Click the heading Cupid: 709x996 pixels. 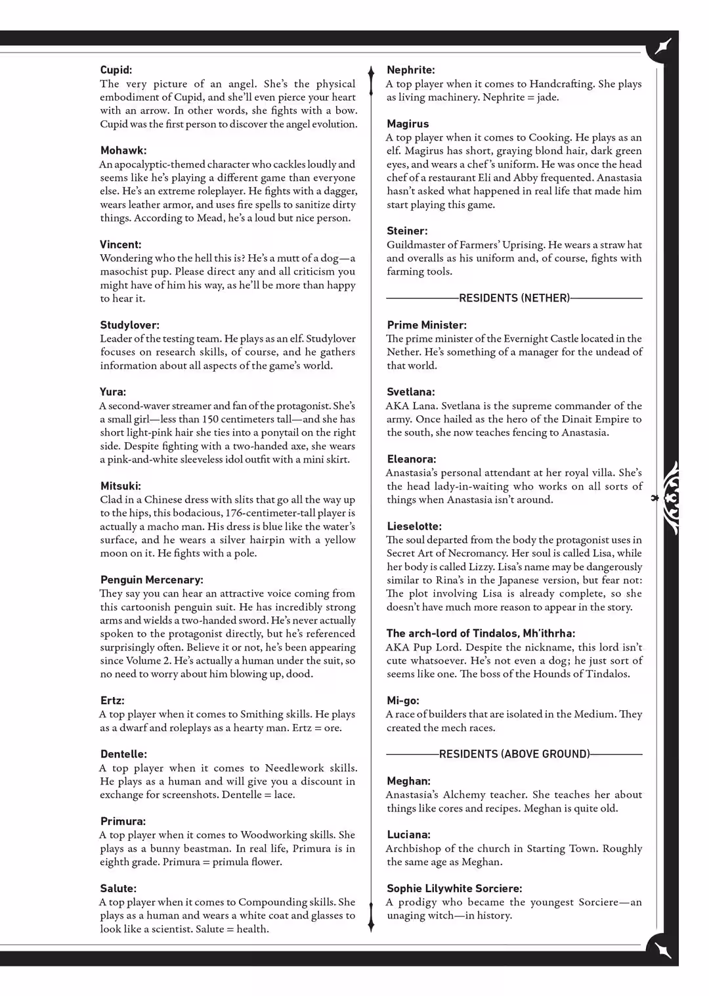(116, 70)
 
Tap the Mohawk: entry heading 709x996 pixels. (123, 150)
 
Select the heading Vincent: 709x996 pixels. (120, 244)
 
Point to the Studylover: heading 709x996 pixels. (129, 325)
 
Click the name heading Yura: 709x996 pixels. (113, 392)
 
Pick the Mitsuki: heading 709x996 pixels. (120, 486)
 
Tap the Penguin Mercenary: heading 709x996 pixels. (152, 579)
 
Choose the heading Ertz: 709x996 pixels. (112, 700)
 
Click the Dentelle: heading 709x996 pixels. (123, 754)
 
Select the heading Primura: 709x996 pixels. (123, 821)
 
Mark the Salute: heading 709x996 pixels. (118, 888)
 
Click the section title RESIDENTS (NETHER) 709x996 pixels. (514, 298)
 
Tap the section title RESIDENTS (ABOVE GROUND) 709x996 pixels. (514, 754)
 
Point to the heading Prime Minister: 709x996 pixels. (427, 325)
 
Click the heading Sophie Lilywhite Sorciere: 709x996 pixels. (454, 888)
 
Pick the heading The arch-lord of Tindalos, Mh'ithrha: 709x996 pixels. (481, 633)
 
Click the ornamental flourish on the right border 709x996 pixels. (669, 498)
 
